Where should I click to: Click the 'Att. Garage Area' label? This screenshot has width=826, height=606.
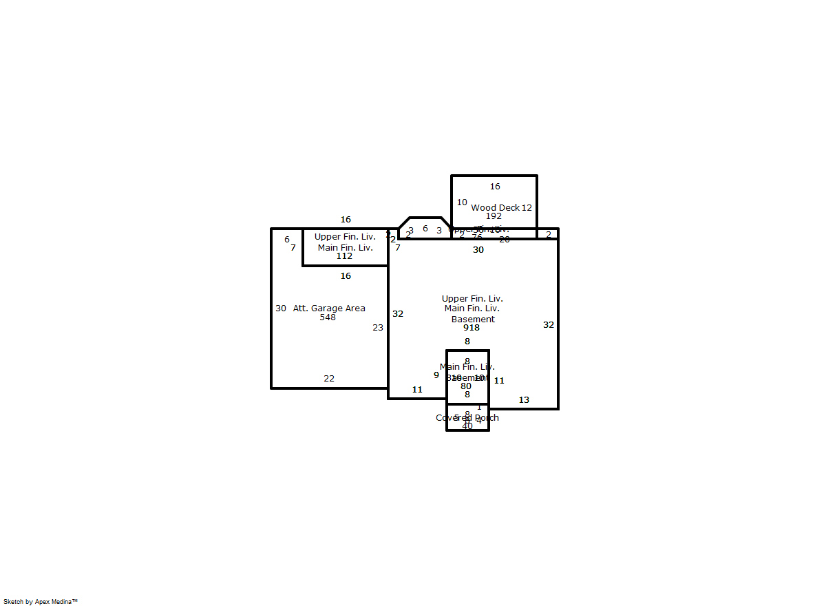(329, 309)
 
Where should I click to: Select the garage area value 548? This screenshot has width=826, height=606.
(328, 317)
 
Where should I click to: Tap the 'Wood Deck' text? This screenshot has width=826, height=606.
(496, 207)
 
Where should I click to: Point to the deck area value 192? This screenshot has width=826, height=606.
(494, 216)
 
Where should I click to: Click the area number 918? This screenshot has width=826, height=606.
(472, 328)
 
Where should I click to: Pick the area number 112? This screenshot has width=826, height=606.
(344, 256)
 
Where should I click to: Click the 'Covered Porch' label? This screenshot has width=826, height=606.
(467, 418)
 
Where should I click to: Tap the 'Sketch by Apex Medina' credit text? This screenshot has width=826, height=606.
(40, 601)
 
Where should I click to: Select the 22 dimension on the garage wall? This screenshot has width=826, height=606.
(329, 379)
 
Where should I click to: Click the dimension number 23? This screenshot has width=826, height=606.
(378, 328)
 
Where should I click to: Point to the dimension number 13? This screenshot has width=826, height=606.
(524, 400)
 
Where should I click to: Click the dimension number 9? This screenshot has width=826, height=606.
(436, 375)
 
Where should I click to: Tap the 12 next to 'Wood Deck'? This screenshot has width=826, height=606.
(527, 207)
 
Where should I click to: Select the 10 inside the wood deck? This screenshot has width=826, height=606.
(462, 202)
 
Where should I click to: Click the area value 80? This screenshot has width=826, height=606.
(466, 386)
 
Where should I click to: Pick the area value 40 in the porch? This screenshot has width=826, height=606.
(467, 426)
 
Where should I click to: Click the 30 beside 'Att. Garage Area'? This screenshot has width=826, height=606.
(281, 309)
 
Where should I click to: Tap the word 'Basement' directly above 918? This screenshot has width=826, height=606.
(473, 320)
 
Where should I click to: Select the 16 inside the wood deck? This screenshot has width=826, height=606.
(495, 187)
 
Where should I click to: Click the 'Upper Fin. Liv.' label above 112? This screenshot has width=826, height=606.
(345, 237)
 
